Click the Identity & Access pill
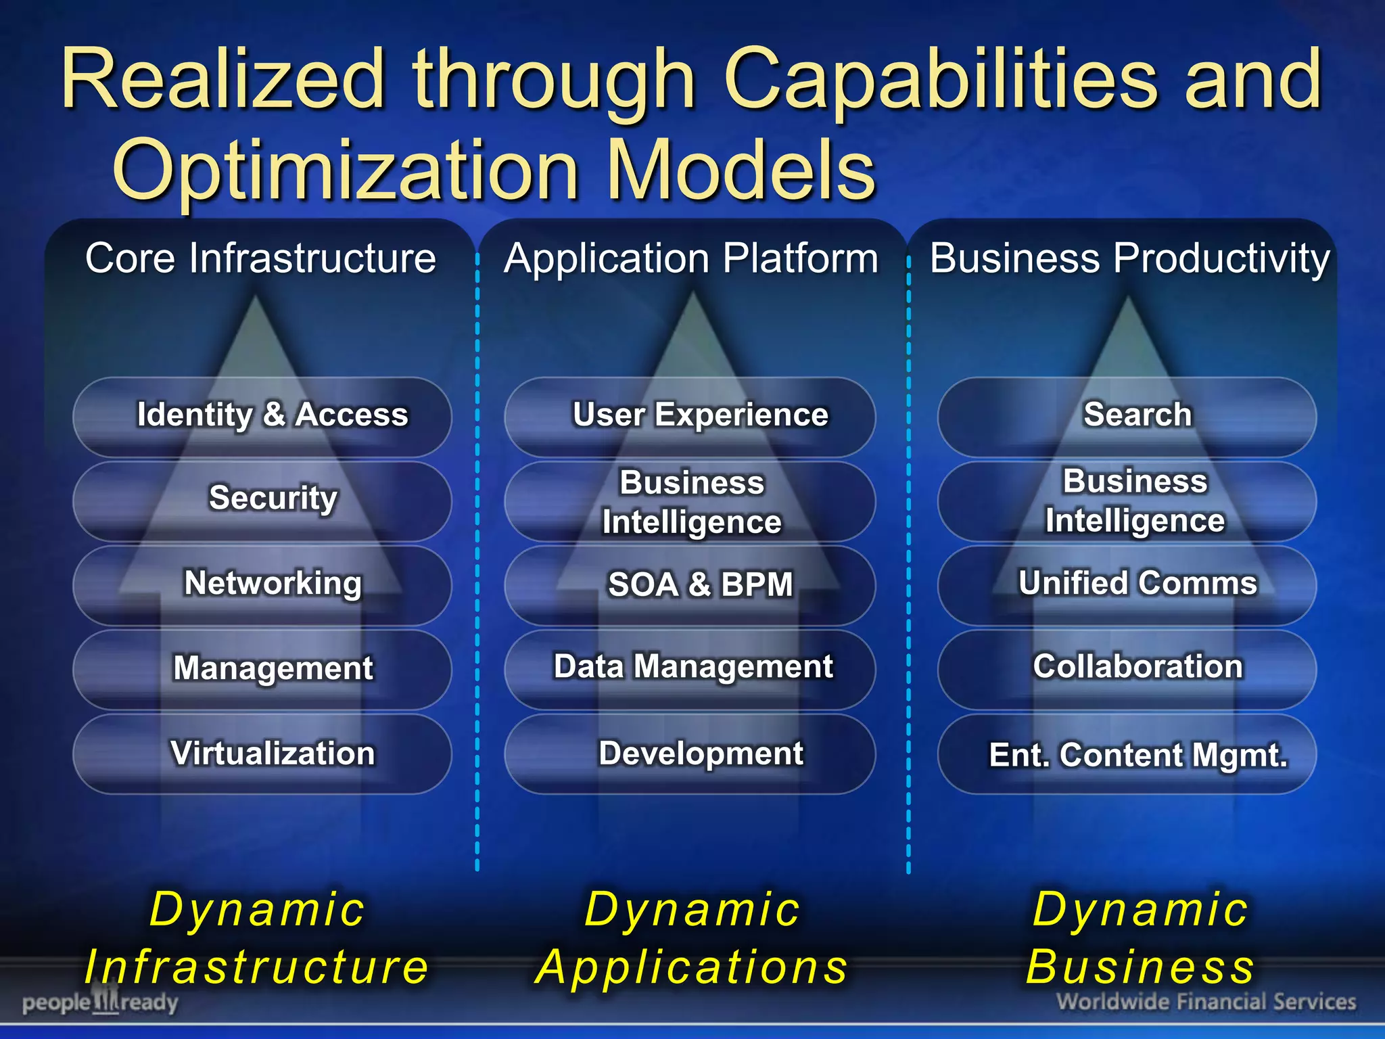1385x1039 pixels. click(x=262, y=415)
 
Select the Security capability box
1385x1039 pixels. click(x=262, y=499)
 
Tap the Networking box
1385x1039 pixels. click(x=262, y=584)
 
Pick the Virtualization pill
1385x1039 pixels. click(x=262, y=754)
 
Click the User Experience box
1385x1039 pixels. click(x=690, y=415)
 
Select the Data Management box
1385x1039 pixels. click(x=690, y=668)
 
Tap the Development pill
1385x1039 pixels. click(x=690, y=754)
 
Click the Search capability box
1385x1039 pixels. click(x=1127, y=415)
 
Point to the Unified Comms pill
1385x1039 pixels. click(x=1127, y=584)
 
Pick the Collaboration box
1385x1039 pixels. click(x=1127, y=668)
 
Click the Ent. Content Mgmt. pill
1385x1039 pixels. click(x=1127, y=755)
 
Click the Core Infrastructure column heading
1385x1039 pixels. click(x=260, y=258)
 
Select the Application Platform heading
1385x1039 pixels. click(x=691, y=258)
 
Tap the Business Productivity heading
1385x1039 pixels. click(x=1129, y=258)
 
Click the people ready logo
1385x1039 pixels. click(x=100, y=1002)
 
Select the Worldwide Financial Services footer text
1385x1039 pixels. click(x=1206, y=1002)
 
